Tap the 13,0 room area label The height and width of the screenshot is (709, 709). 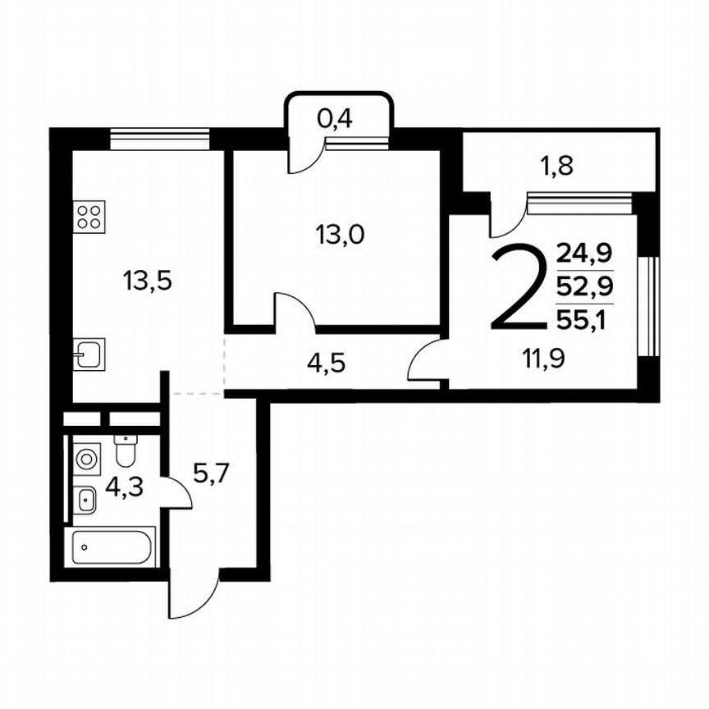340,236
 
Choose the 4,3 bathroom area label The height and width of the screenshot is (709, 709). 125,487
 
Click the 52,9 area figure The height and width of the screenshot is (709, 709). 584,286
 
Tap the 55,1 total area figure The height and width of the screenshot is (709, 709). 584,319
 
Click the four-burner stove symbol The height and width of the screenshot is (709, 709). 89,217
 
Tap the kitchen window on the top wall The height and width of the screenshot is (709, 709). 160,140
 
